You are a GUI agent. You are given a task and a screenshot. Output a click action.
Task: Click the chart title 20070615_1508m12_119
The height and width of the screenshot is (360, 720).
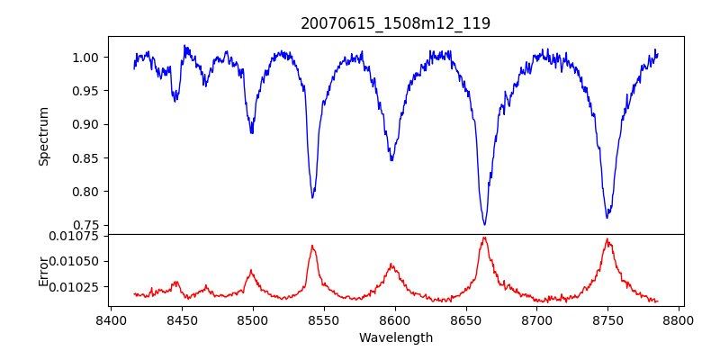[395, 23]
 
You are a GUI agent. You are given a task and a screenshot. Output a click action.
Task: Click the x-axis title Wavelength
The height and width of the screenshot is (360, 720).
[395, 338]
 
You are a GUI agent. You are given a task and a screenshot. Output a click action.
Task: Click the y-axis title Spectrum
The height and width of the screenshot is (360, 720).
[43, 136]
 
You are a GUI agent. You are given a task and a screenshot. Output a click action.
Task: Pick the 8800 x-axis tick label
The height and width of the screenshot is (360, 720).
[679, 319]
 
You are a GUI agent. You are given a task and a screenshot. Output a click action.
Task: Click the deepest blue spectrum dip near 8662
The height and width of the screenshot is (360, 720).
[484, 224]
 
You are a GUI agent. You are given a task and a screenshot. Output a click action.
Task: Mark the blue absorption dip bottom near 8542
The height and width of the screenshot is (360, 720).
[312, 197]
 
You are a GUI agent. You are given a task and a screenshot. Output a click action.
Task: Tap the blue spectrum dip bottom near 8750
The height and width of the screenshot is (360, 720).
[607, 218]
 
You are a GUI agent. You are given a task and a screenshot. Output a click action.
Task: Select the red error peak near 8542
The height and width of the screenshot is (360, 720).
[312, 245]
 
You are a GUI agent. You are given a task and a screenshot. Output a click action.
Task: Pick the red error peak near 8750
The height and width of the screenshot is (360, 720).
[607, 239]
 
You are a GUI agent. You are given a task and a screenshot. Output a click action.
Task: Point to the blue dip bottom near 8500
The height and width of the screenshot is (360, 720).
[252, 133]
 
